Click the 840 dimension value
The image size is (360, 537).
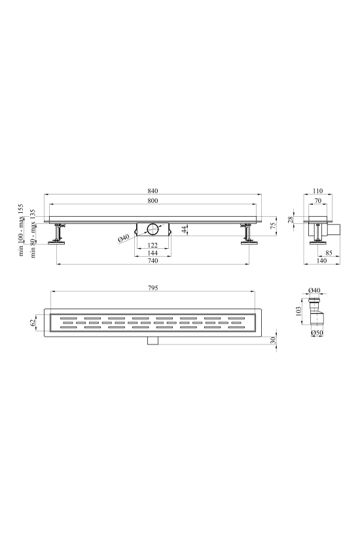click(153, 191)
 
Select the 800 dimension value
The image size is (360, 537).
click(153, 200)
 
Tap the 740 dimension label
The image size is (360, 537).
click(153, 261)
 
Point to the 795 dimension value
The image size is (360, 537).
click(153, 288)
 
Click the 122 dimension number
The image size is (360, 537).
click(153, 245)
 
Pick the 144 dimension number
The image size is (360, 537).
click(153, 253)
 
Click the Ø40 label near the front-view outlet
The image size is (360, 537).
click(124, 238)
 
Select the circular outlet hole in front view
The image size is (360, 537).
click(153, 229)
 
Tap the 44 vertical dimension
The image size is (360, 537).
click(185, 229)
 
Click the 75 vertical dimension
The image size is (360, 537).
click(273, 226)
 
